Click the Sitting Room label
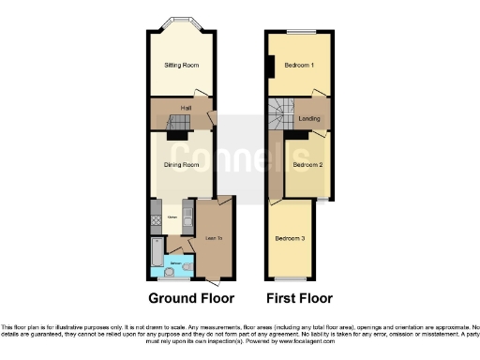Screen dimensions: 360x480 click(x=178, y=66)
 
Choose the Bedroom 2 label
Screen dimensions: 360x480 click(x=307, y=165)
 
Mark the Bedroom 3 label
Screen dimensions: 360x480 click(x=290, y=238)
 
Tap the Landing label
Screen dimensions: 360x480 click(x=309, y=119)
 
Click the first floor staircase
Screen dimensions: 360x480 click(x=280, y=116)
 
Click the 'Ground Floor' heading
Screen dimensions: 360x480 click(x=187, y=299)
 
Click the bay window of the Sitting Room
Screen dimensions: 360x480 click(x=178, y=22)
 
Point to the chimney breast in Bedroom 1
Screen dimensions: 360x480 click(x=270, y=67)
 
